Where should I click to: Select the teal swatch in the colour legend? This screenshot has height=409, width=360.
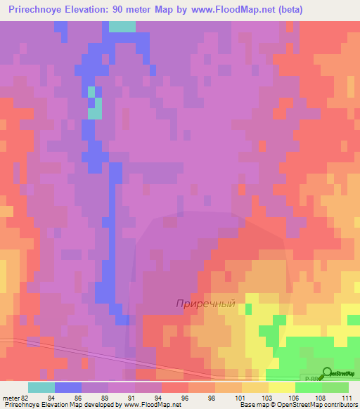[41, 387]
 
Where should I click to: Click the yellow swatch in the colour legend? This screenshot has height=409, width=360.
[281, 387]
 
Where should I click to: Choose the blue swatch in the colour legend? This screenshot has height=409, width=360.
[68, 387]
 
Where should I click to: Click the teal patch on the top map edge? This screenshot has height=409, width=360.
[122, 27]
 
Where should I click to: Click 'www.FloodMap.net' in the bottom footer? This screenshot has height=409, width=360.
[150, 405]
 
